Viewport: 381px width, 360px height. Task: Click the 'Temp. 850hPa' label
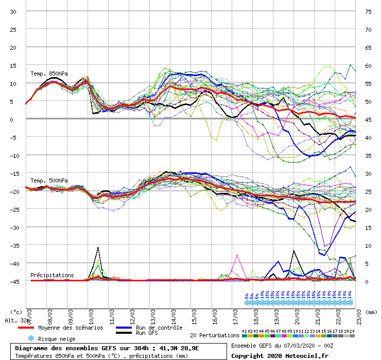coord(49,74)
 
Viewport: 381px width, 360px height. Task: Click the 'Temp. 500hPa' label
coord(49,181)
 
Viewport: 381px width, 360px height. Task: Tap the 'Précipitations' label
coord(52,275)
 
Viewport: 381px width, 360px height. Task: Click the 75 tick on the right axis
coord(368,11)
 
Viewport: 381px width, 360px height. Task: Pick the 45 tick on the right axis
coord(368,119)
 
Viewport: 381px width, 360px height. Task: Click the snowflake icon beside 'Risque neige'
coord(30,338)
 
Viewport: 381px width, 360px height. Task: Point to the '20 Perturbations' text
coord(215,335)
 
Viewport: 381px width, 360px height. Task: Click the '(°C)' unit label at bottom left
coord(16,312)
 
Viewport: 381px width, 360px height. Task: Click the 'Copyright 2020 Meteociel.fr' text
coord(280,355)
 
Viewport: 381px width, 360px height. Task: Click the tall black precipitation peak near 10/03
coord(98,248)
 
